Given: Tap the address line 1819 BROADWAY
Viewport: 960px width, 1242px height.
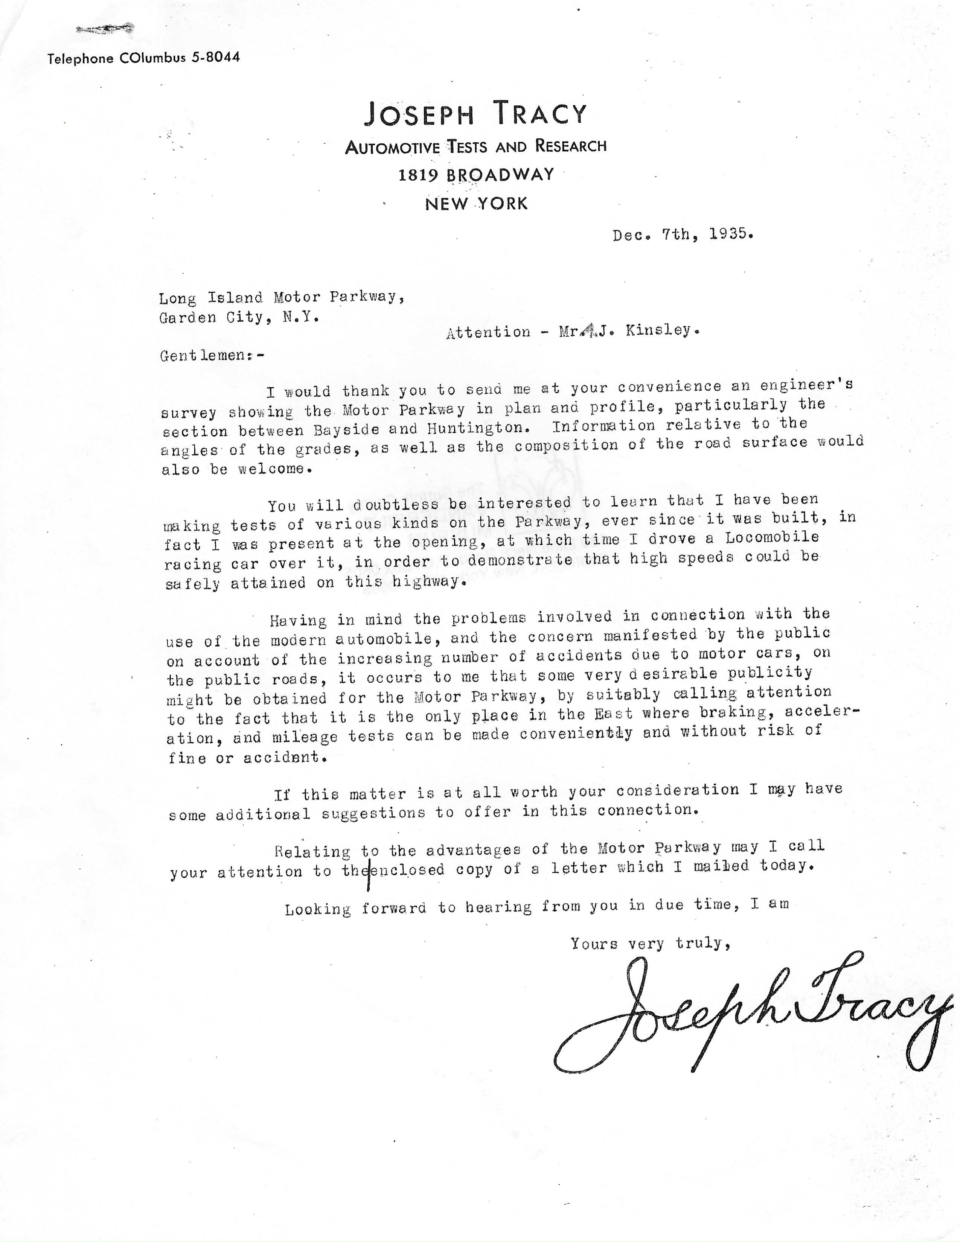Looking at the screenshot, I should click(x=476, y=175).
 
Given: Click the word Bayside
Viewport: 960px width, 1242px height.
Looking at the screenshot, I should click(x=345, y=429).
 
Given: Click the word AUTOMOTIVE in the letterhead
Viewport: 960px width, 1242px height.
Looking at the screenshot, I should click(x=392, y=148).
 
